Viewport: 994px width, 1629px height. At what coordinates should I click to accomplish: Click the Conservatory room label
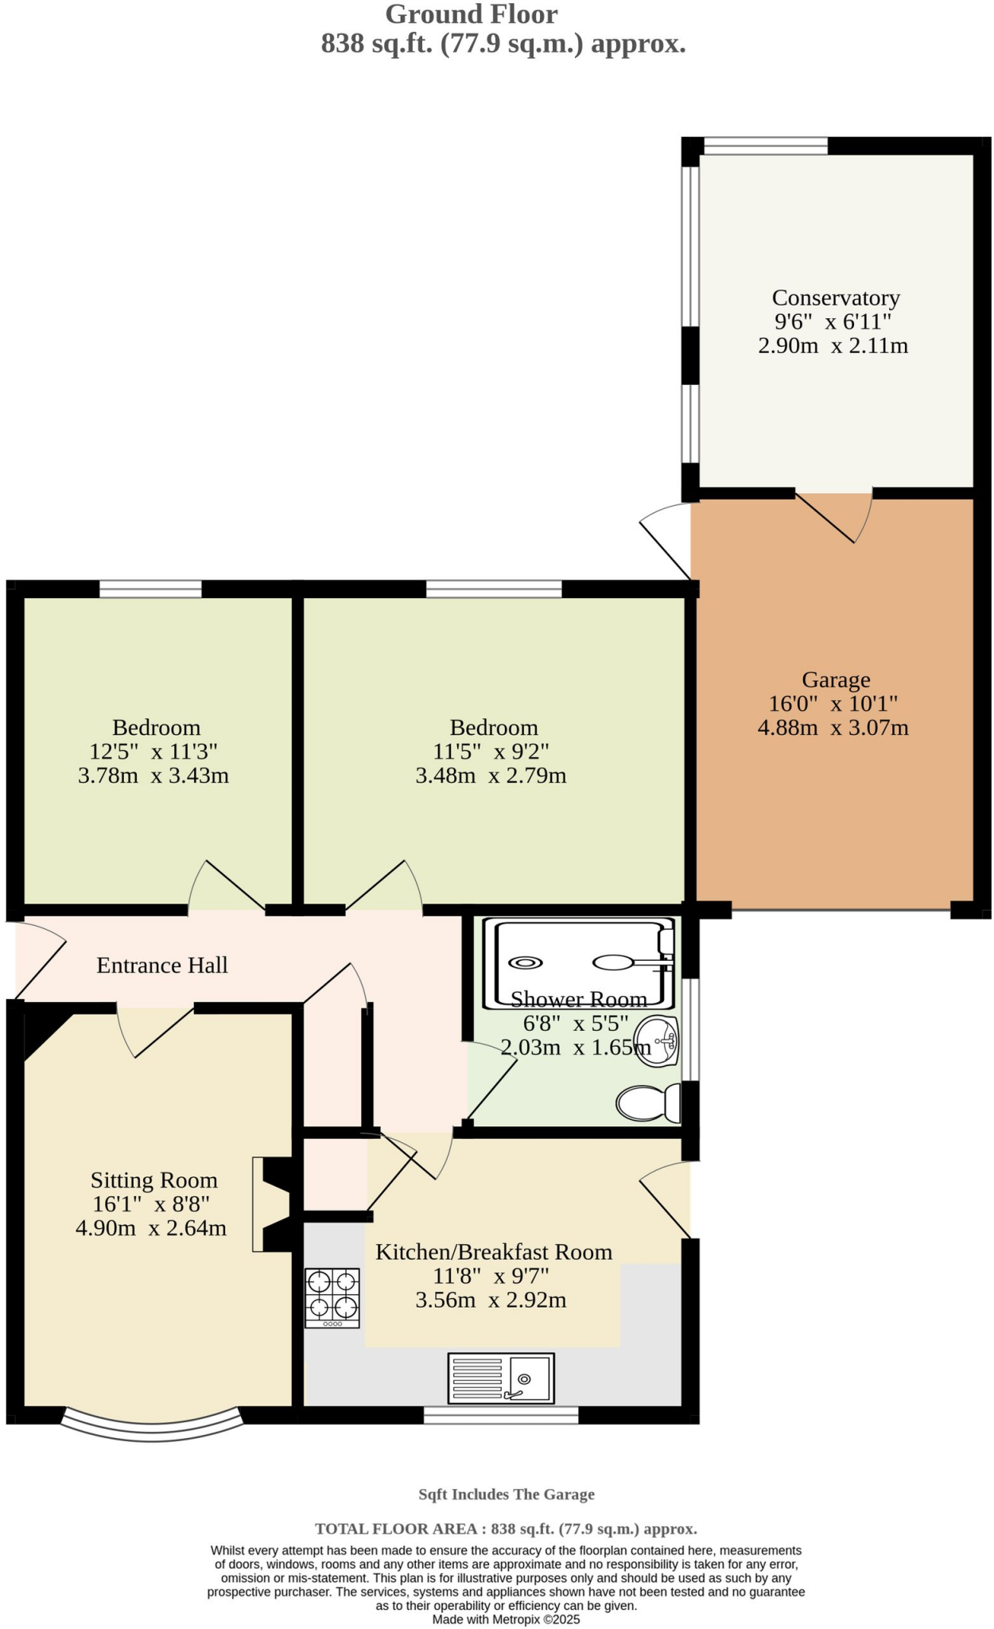[x=835, y=297]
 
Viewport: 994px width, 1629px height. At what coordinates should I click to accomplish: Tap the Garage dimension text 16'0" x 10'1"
[x=833, y=703]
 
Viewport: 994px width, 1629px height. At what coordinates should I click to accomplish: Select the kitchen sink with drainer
[x=501, y=1378]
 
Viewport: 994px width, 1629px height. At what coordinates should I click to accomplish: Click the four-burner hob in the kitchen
[x=332, y=1297]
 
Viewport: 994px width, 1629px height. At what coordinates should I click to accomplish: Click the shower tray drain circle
[x=526, y=962]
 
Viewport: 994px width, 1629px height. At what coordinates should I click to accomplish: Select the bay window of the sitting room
[x=151, y=1426]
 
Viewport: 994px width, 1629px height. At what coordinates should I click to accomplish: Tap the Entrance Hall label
[x=162, y=965]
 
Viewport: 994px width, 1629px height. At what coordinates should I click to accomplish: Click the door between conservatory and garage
[x=835, y=517]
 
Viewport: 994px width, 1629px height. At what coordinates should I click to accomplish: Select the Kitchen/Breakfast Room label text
[x=493, y=1252]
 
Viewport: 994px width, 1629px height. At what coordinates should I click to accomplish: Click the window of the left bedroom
[x=150, y=589]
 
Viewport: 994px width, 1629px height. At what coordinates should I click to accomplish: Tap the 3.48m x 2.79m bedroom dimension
[x=491, y=775]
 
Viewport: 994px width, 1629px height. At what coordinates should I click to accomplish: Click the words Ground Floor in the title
[x=472, y=14]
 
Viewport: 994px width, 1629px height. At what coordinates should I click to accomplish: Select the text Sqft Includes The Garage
[x=507, y=1494]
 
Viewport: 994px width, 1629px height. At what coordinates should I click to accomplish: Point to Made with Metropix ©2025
[x=506, y=1619]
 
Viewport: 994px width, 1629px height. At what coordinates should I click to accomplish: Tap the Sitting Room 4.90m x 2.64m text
[x=151, y=1227]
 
